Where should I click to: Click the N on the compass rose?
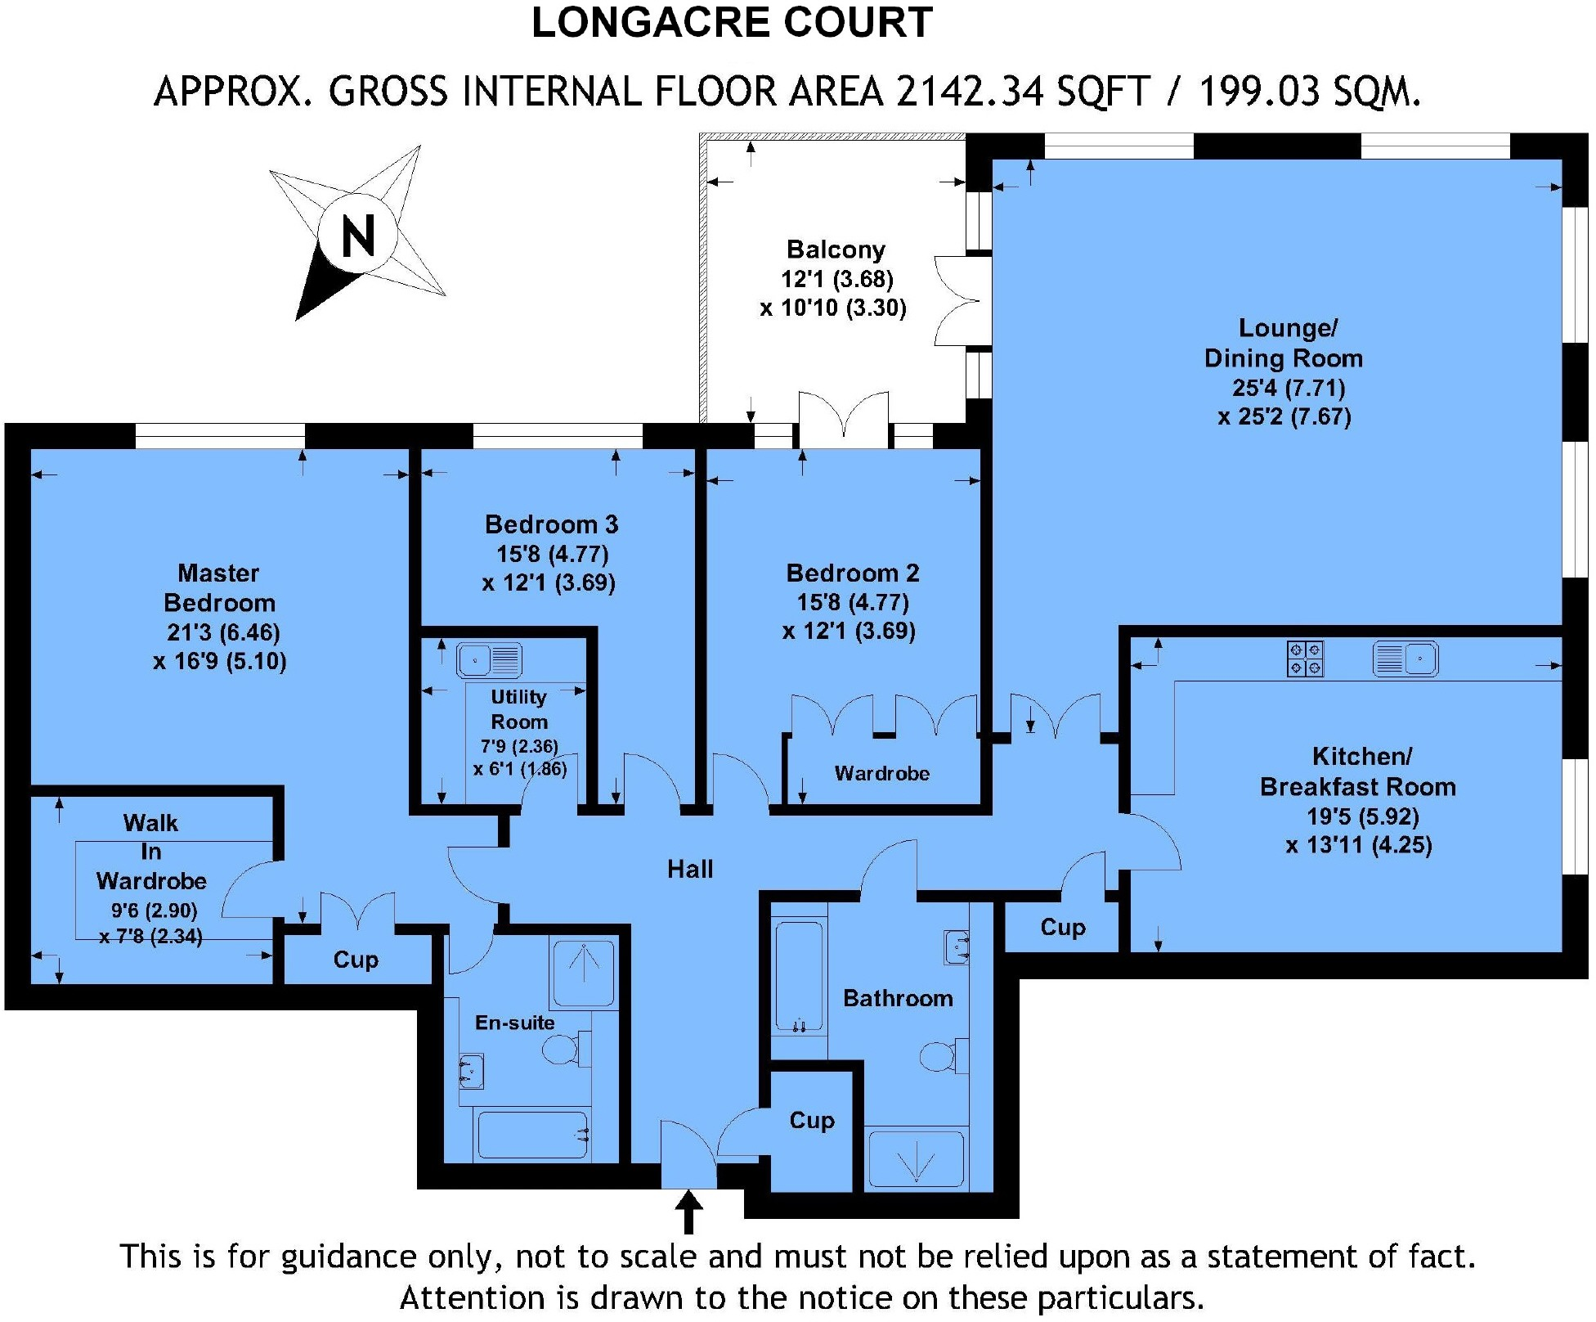[357, 236]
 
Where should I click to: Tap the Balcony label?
[836, 250]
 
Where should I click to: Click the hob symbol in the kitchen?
[1305, 659]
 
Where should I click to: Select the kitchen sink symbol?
[1405, 659]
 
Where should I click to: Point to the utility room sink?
[489, 659]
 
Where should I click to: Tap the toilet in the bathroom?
[943, 1056]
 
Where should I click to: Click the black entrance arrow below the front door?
[689, 1211]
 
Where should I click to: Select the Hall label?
[690, 869]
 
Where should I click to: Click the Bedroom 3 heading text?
[551, 524]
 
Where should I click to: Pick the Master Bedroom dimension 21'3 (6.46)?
[224, 632]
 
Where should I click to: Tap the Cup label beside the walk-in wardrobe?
[356, 960]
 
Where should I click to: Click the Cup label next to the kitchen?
[1063, 927]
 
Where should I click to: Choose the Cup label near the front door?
[812, 1120]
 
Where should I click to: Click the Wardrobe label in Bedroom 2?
[881, 773]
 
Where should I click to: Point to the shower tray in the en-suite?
[584, 974]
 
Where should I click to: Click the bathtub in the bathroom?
[799, 978]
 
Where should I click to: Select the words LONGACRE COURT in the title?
[732, 23]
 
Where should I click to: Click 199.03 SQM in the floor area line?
[1309, 92]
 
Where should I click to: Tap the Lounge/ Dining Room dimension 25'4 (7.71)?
[1289, 388]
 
